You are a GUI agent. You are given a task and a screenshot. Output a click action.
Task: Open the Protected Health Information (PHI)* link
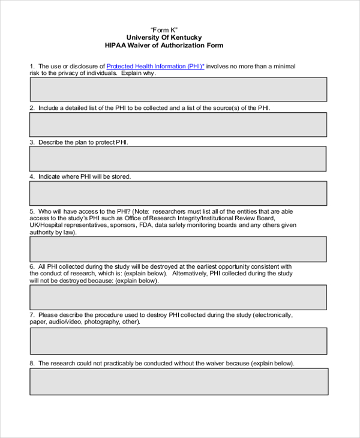[155, 66]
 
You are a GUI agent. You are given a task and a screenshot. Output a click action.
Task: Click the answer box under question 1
[178, 89]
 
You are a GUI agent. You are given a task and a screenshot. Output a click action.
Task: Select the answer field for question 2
[178, 125]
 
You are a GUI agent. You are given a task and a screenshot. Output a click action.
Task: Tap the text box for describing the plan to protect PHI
[178, 159]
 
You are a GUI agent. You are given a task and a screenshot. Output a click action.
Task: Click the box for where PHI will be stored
[178, 194]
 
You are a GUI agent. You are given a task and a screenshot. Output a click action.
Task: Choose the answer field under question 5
[178, 249]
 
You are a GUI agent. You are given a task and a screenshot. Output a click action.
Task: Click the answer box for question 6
[178, 298]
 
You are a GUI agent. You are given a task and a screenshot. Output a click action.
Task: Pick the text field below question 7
[178, 341]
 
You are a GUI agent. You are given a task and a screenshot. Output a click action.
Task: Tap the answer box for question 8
[178, 382]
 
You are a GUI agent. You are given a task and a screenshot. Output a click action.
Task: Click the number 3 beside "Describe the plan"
[32, 143]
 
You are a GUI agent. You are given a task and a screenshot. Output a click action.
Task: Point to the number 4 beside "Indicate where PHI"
[32, 177]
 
